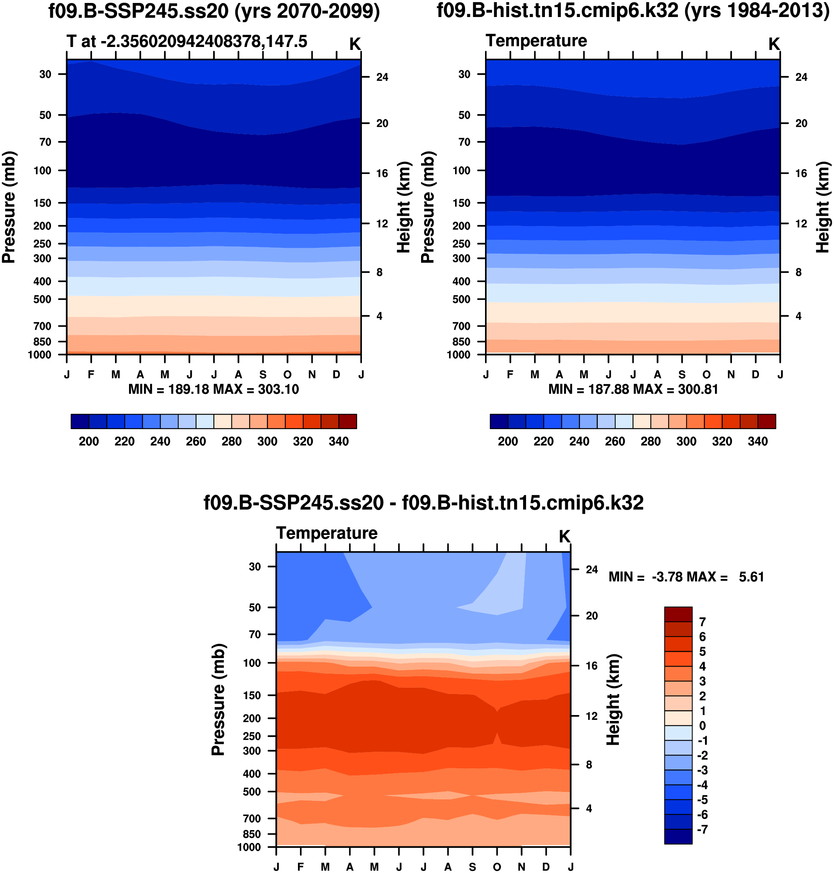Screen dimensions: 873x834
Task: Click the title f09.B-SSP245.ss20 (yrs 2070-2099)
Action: coord(214,11)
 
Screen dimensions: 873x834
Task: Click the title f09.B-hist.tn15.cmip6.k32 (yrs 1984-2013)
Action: coord(633,11)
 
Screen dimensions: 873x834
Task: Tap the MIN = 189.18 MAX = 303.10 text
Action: coord(213,389)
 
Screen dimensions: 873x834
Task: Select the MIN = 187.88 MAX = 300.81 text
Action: coord(633,389)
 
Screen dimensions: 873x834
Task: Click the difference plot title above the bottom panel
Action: coord(423,503)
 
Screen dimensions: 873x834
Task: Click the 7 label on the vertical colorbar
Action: coord(702,622)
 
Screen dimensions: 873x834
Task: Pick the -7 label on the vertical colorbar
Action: coord(702,829)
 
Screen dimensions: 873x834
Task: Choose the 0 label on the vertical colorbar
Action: coord(702,726)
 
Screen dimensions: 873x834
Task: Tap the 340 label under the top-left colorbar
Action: coord(339,441)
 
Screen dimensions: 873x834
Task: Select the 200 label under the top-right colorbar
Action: coord(508,441)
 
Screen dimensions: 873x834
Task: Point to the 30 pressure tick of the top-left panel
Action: coord(45,74)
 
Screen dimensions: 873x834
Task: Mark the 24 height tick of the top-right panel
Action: coord(801,77)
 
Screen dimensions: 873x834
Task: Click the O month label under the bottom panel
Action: coord(497,867)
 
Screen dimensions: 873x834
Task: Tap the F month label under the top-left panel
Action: coord(91,374)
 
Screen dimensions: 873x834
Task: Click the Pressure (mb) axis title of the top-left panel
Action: coord(9,207)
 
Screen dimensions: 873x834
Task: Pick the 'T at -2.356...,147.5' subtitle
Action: coord(187,41)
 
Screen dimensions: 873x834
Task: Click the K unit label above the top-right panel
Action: coord(774,44)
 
